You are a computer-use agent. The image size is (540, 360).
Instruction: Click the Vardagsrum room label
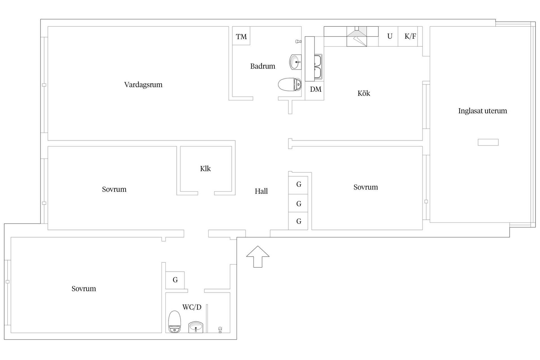point(143,85)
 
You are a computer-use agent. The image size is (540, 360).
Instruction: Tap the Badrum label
point(263,66)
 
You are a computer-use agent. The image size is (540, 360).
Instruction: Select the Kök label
point(364,93)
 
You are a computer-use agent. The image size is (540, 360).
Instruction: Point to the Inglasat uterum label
point(483,111)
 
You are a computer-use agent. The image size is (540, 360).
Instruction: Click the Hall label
point(261,191)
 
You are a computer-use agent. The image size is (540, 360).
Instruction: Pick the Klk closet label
point(205,168)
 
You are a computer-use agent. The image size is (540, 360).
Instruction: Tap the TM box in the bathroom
point(241,36)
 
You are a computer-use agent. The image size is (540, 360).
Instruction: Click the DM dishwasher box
point(315,91)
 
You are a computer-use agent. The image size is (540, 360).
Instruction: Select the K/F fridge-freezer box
point(410,36)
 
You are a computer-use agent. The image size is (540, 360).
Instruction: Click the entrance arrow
point(258,256)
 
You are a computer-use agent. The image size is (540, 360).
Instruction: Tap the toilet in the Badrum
point(290,84)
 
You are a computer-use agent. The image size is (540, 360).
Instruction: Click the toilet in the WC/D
point(174,322)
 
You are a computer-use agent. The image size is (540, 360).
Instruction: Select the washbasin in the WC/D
point(195,327)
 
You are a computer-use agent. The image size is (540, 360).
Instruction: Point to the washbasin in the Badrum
point(295,62)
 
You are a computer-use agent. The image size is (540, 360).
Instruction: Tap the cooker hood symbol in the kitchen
point(357,36)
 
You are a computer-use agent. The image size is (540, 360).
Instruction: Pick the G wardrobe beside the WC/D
point(175,280)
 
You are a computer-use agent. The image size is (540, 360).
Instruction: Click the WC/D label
point(192,307)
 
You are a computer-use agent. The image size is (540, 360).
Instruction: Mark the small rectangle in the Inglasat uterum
point(488,142)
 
